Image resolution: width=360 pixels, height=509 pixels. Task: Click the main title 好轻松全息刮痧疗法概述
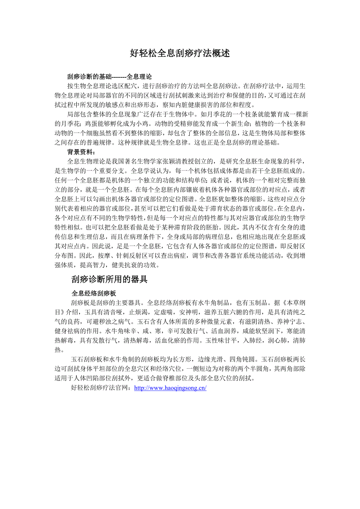coord(180,54)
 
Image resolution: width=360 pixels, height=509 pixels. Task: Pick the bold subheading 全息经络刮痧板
coord(94,293)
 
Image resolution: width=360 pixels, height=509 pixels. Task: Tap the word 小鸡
coord(143,124)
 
